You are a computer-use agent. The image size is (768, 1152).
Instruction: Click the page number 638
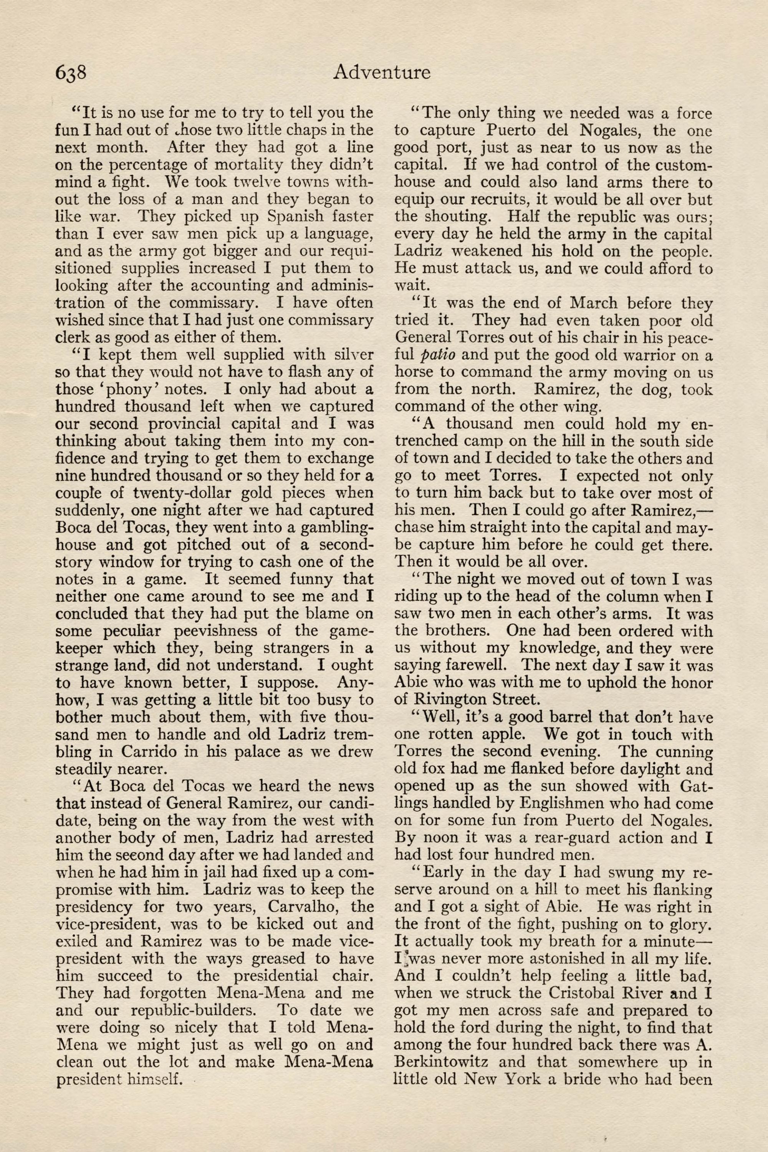[71, 72]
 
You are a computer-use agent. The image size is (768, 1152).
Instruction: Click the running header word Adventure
[382, 72]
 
